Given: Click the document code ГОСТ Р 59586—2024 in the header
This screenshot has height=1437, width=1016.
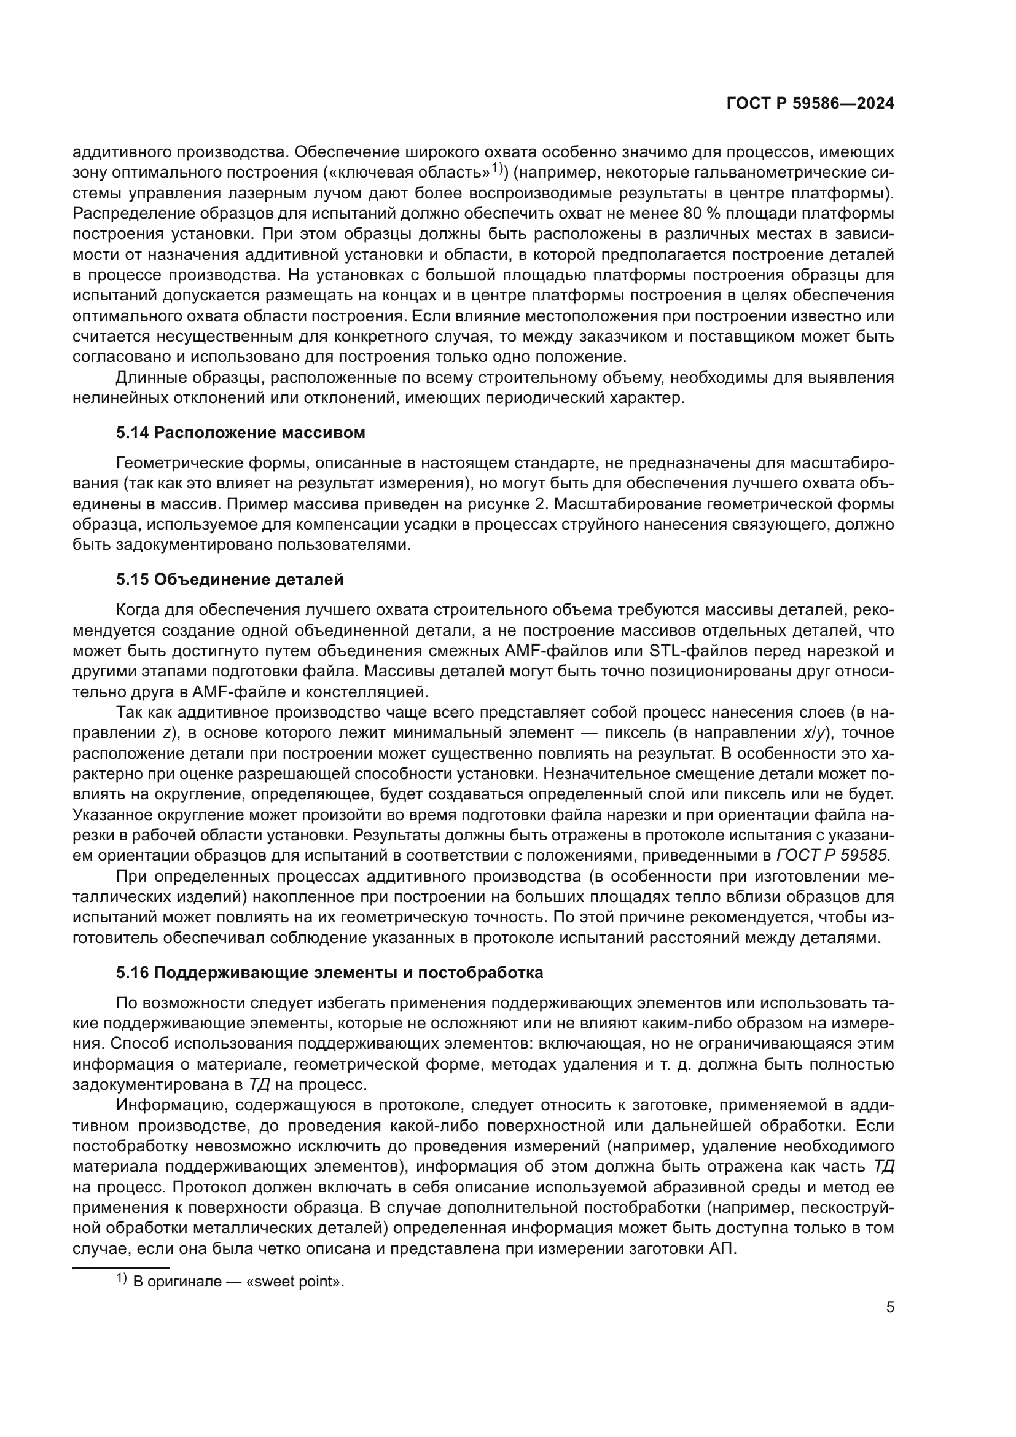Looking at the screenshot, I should (810, 104).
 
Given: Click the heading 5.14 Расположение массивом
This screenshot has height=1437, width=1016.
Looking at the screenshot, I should (240, 433).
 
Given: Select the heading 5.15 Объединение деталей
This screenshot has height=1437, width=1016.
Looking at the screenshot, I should (230, 579).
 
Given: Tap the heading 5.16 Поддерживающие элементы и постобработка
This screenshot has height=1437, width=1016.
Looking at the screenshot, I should (329, 973).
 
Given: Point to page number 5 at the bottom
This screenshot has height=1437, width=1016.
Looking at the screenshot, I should (890, 1307).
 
